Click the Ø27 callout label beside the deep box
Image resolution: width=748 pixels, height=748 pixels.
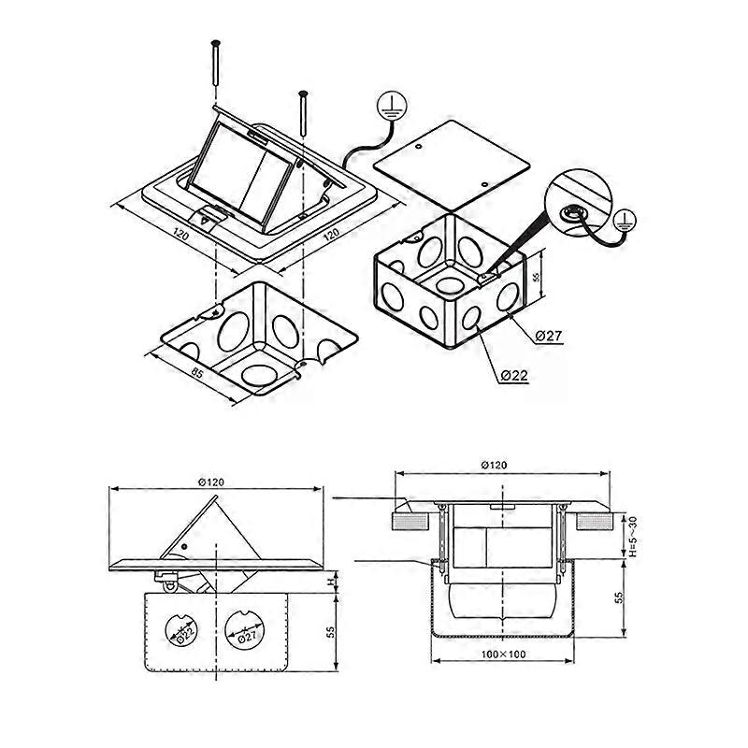tap(549, 337)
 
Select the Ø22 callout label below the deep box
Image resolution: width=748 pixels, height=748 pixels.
tap(515, 376)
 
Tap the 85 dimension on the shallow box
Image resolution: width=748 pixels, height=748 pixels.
tap(196, 373)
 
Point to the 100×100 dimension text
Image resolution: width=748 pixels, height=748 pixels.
tap(503, 654)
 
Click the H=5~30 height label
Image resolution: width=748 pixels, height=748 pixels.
tap(633, 536)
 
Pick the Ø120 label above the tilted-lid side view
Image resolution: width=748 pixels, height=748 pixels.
tap(211, 482)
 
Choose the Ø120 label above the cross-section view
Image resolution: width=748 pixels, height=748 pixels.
tap(495, 465)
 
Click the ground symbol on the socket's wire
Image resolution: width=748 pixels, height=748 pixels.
tap(391, 106)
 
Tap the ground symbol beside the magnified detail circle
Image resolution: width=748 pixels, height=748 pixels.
tap(625, 221)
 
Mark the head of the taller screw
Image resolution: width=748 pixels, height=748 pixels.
tap(216, 43)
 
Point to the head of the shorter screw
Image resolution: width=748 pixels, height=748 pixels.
tap(302, 93)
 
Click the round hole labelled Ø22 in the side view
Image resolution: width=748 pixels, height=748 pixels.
tap(180, 630)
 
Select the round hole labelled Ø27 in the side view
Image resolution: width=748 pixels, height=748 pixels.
tap(244, 630)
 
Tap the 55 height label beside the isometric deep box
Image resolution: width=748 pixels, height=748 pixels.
tap(536, 277)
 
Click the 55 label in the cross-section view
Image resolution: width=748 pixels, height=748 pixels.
tap(619, 597)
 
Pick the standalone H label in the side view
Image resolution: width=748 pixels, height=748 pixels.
tap(329, 582)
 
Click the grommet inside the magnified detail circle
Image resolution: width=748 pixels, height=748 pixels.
tap(569, 213)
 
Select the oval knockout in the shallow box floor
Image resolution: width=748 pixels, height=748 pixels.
tap(259, 376)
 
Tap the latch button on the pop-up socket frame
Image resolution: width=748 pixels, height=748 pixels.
tap(208, 218)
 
